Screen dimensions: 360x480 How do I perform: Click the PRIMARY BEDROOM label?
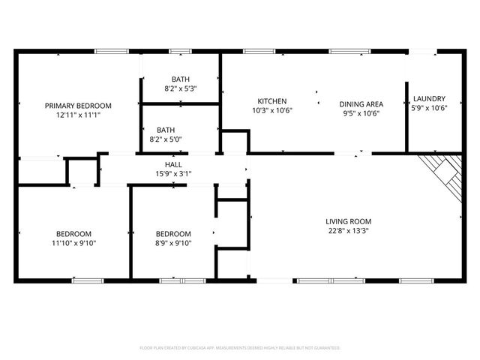point(78,106)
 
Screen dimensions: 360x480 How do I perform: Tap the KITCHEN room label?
point(272,101)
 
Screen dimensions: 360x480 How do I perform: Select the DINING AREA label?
point(361,104)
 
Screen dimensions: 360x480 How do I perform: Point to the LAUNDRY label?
point(429,98)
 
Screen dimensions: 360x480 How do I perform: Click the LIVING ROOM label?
point(348,221)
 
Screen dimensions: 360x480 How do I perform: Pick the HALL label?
point(173,164)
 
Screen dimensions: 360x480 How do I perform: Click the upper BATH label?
point(180,79)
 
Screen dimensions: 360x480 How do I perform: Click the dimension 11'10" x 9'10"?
point(73,242)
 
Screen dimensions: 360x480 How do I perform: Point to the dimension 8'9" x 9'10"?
point(173,242)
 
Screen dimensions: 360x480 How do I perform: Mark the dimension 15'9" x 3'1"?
point(173,174)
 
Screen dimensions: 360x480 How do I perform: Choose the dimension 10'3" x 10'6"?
point(272,111)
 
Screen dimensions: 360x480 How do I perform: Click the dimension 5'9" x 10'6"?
point(429,108)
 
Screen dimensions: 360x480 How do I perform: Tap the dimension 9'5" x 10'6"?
point(361,114)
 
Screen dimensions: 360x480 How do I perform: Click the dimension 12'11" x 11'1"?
point(78,115)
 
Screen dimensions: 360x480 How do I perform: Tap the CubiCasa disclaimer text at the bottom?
point(240,348)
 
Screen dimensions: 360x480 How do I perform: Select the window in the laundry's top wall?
point(424,51)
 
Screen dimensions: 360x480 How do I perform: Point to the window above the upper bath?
point(180,51)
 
